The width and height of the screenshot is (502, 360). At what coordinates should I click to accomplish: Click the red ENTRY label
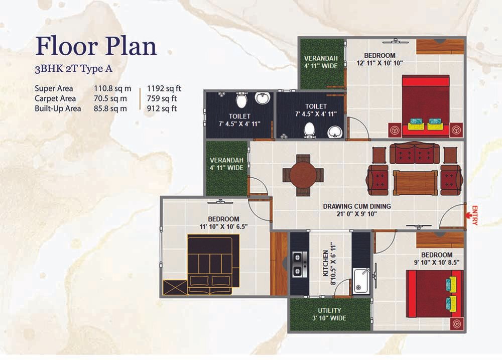click(474, 215)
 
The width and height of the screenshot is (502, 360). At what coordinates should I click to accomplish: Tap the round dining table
click(303, 176)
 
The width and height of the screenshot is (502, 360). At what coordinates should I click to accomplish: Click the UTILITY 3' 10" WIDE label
click(329, 314)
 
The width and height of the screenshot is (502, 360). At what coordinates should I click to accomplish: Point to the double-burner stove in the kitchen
click(300, 264)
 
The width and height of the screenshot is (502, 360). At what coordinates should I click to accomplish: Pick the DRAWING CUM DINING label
click(356, 206)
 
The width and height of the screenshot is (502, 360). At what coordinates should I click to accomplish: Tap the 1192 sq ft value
click(164, 88)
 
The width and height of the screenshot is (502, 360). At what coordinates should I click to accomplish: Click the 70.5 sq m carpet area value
click(110, 98)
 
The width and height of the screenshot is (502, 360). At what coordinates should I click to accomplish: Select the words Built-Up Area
click(58, 108)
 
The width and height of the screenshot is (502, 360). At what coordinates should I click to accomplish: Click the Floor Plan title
click(96, 46)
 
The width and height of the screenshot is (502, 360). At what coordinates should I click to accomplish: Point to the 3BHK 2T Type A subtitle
click(73, 69)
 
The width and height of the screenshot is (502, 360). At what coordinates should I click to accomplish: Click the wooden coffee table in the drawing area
click(415, 183)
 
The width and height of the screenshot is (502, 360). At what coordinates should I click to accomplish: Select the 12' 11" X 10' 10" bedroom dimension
click(380, 63)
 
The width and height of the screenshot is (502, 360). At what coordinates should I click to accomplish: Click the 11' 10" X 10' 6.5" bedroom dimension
click(223, 227)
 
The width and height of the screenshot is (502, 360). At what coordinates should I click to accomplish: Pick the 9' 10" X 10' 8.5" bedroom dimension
click(437, 262)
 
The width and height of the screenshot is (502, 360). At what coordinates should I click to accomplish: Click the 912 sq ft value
click(162, 108)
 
